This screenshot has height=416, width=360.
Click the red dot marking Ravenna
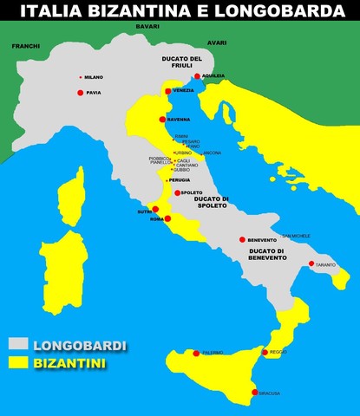pyautogui.click(x=162, y=119)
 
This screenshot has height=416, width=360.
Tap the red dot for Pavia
pyautogui.click(x=81, y=92)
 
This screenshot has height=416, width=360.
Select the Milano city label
pyautogui.click(x=94, y=77)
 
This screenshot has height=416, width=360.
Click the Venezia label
pyautogui.click(x=183, y=91)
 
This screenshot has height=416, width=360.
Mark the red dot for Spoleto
pyautogui.click(x=177, y=193)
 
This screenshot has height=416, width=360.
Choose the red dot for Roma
pyautogui.click(x=168, y=218)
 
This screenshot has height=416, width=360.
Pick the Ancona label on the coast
pyautogui.click(x=213, y=153)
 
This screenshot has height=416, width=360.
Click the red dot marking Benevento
pyautogui.click(x=243, y=239)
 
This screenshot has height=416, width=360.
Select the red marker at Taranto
pyautogui.click(x=311, y=263)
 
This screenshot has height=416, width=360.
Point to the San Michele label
pyautogui.click(x=297, y=236)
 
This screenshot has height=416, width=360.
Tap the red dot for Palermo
pyautogui.click(x=196, y=353)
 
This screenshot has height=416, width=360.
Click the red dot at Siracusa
pyautogui.click(x=254, y=393)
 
